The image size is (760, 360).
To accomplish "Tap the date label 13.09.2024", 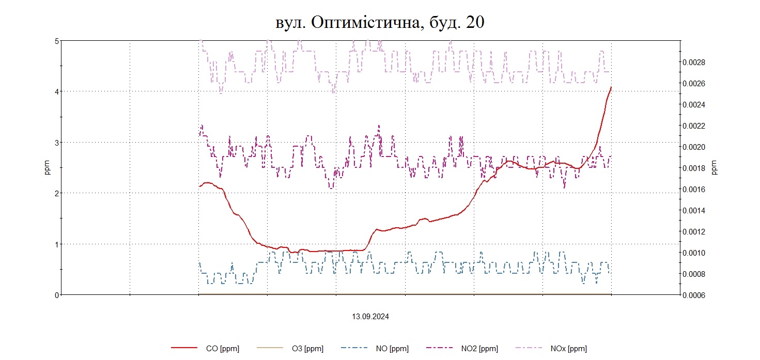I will pos(370,317).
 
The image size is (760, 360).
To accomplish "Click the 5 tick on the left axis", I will pos(57,41).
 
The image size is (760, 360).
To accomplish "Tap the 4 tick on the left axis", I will pos(57,91).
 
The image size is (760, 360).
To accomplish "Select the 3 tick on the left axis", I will pos(57,142).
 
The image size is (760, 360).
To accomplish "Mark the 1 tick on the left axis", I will pos(57,244).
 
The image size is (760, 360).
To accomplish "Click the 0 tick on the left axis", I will pos(57,294).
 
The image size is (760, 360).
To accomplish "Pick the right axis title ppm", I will pos(715,167).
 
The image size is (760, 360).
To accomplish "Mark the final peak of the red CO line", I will pos(611,87).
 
